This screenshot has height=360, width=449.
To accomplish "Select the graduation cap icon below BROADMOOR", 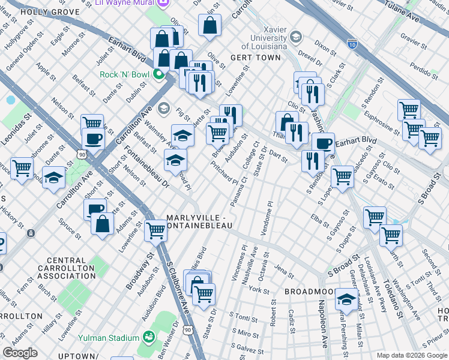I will (x=346, y=298).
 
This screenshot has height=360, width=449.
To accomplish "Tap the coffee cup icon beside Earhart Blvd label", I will (x=323, y=143).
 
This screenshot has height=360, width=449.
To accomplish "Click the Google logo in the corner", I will (x=20, y=353).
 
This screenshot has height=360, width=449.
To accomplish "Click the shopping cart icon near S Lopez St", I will (x=342, y=176).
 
